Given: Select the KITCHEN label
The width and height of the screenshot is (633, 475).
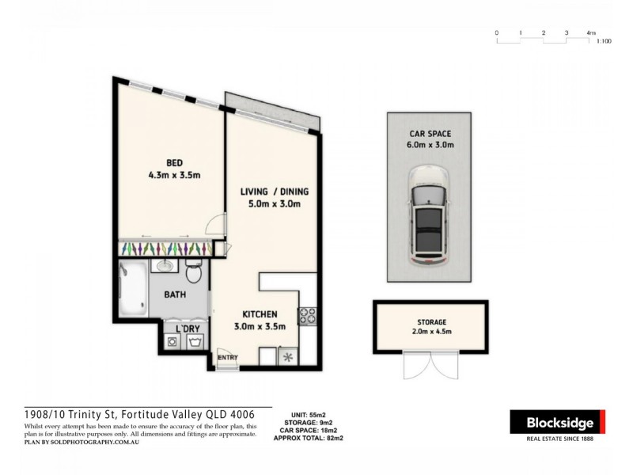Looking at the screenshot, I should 260,313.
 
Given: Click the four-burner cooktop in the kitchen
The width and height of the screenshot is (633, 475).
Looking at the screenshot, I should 307,317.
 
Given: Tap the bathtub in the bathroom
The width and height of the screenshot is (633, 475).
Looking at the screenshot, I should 132,290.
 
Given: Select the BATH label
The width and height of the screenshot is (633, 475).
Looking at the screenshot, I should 175,295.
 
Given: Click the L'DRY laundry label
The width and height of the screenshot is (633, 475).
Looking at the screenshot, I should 187,328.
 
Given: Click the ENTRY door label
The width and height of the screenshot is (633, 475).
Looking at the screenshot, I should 228,358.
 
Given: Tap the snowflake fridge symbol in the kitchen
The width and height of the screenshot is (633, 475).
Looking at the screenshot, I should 286,357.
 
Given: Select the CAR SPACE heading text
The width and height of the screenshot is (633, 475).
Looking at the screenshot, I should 431,133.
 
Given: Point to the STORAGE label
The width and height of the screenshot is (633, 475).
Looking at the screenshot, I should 432,322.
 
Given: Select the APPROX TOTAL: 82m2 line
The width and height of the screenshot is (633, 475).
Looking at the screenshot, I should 309,438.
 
